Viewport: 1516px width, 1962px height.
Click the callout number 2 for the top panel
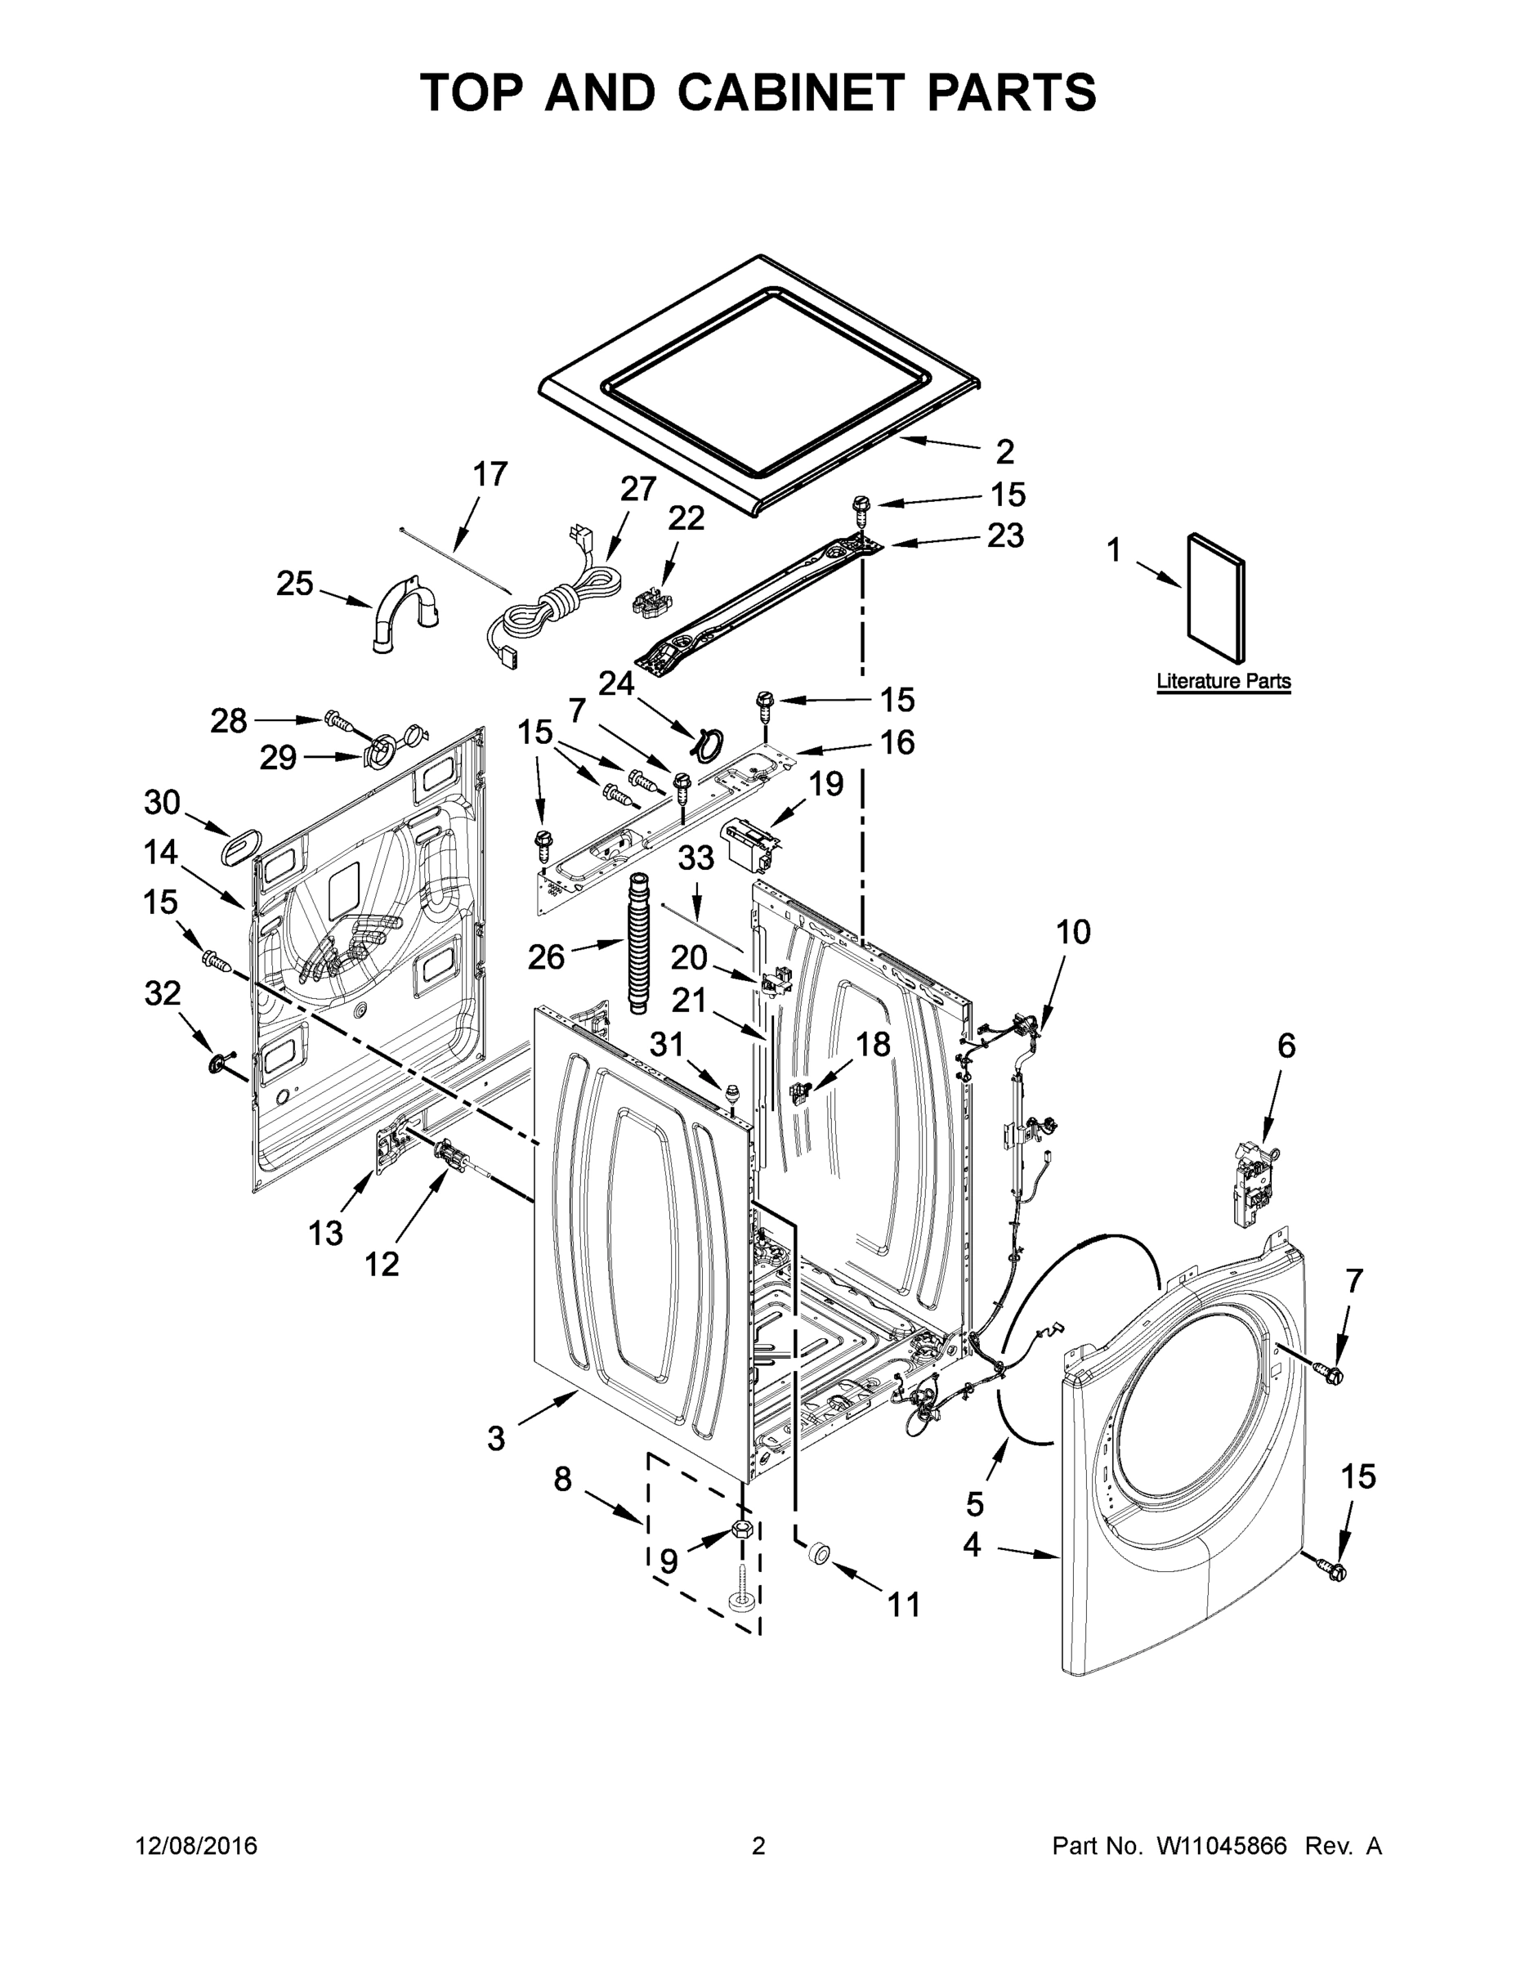[1005, 451]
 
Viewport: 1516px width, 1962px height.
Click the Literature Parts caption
[1223, 681]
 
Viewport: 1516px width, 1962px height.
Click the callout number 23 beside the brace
[1005, 535]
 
